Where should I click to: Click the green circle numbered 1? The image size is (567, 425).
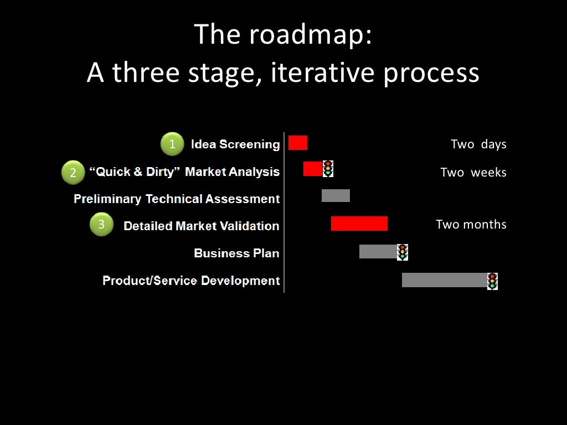[172, 144]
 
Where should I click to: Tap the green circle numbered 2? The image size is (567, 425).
[73, 173]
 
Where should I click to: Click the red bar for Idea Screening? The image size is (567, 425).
[298, 143]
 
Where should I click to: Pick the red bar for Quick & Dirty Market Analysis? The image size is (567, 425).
[312, 169]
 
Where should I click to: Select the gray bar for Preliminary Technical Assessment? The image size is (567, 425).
[336, 195]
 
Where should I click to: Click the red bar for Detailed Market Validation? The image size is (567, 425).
[359, 224]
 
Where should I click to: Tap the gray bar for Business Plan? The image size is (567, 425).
[378, 252]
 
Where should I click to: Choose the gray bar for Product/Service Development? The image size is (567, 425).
[444, 280]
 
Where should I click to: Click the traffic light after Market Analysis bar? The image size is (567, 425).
[328, 169]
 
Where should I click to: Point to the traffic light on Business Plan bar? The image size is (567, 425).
[403, 252]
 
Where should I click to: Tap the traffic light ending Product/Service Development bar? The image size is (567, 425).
[492, 281]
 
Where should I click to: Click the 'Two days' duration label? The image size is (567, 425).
[478, 144]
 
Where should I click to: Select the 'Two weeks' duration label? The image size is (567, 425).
[473, 173]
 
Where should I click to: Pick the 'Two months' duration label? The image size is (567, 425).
[471, 225]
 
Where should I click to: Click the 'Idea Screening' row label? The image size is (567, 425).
[235, 144]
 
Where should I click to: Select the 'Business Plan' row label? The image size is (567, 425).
[236, 253]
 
